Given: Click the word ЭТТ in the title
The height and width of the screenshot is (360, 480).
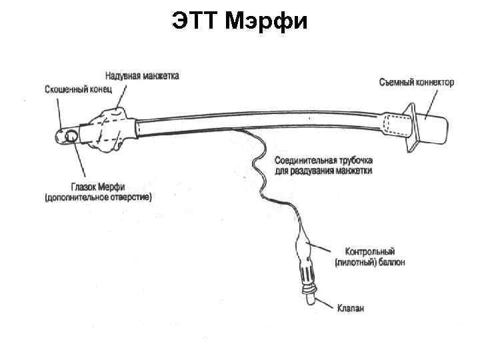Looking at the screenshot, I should [x=196, y=22].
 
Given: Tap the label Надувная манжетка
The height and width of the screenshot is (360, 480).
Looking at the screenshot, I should [x=141, y=76].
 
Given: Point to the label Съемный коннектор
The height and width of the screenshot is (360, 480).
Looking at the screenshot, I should [x=417, y=83].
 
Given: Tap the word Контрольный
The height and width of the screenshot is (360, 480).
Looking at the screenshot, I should [x=370, y=252].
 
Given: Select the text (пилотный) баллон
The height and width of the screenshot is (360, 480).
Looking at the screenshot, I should [x=370, y=262].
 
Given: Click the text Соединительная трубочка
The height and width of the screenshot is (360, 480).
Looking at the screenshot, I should [x=324, y=161].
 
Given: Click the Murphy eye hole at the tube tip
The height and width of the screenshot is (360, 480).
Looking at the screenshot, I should [x=69, y=137].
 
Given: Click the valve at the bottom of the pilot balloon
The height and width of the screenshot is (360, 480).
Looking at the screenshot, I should [x=309, y=296].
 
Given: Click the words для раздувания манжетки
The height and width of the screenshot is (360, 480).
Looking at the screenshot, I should [x=323, y=171].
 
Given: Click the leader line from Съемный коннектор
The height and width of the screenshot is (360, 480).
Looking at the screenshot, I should [x=427, y=102].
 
